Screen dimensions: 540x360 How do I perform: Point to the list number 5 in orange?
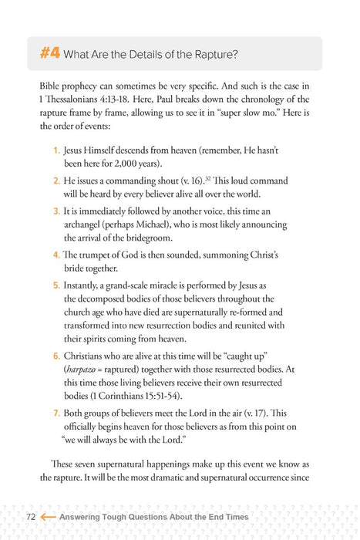pos(56,285)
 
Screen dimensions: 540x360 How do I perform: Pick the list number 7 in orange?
pos(56,413)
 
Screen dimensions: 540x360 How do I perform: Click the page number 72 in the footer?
pos(31,516)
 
